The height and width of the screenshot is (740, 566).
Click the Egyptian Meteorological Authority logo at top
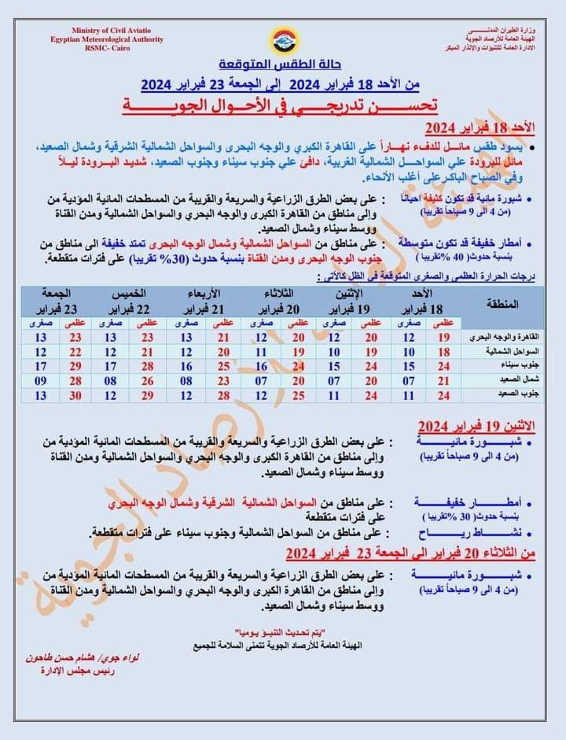(282, 39)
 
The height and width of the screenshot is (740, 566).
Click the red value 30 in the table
(75, 395)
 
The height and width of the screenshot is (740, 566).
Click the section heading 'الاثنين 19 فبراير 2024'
(476, 425)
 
